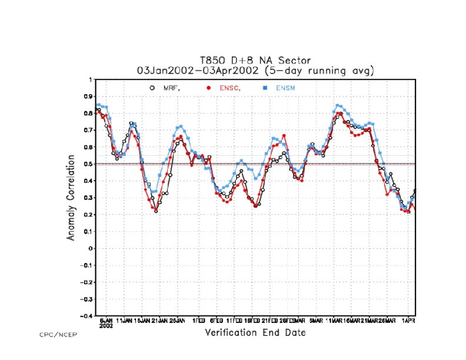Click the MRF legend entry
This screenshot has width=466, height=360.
pos(171,88)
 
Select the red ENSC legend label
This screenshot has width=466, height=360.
pos(227,88)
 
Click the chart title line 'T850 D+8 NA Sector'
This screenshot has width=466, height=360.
pos(255,61)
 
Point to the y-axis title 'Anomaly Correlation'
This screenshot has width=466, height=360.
pos(71,198)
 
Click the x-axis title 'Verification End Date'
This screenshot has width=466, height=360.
pos(255,333)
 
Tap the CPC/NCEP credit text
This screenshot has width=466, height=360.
pos(58,335)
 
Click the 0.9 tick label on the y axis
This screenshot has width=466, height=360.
pos(88,96)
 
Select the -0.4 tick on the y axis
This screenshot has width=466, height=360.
pos(86,316)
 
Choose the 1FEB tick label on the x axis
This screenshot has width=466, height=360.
pos(198,321)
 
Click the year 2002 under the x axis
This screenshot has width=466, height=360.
pos(106,325)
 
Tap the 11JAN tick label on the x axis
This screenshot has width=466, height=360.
pos(124,321)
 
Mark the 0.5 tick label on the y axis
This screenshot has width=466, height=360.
pos(88,164)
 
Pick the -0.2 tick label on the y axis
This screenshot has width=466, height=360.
pos(86,282)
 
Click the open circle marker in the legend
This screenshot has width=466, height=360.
pos(152,88)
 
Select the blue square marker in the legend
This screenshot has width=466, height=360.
pos(265,88)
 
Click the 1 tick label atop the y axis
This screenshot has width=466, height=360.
pos(91,79)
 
